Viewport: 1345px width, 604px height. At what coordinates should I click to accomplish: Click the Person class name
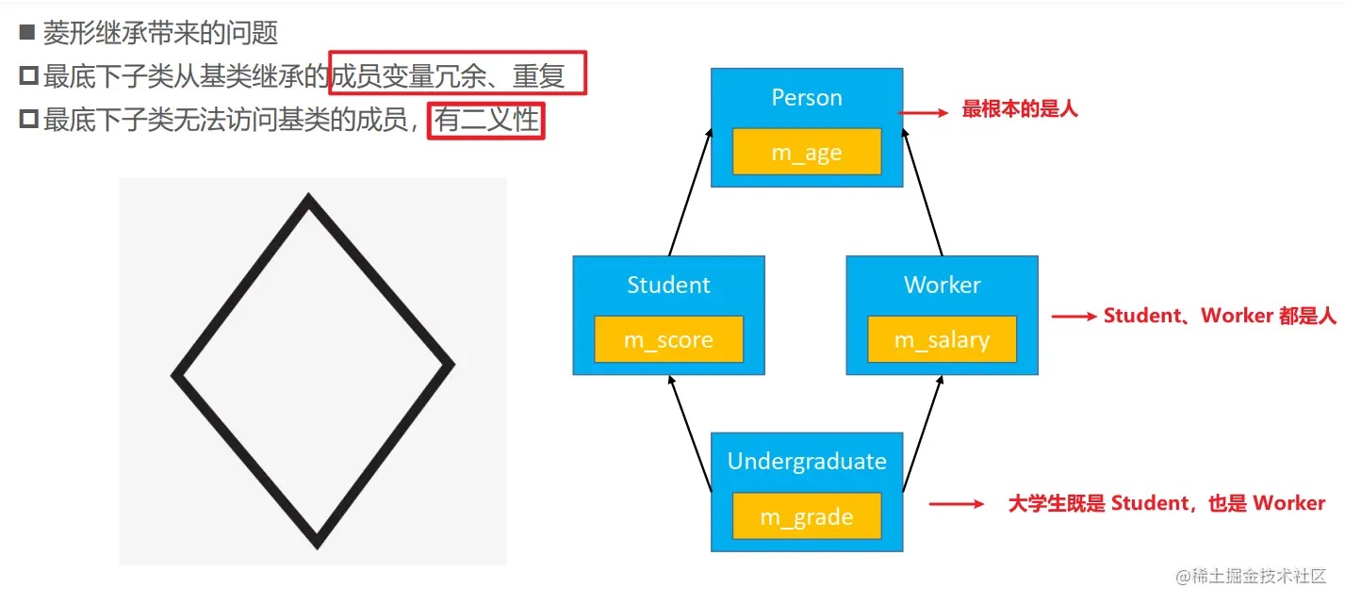click(x=807, y=98)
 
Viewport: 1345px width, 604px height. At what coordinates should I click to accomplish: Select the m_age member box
click(x=807, y=152)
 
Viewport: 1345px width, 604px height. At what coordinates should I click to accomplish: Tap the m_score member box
click(x=668, y=339)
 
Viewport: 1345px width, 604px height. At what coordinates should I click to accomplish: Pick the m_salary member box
click(x=942, y=339)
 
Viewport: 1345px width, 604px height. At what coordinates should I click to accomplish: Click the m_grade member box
click(x=807, y=516)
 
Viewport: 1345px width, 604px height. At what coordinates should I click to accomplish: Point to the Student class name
click(x=668, y=285)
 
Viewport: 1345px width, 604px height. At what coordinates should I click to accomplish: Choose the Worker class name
click(x=942, y=285)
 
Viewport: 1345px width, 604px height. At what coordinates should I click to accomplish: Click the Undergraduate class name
click(x=807, y=462)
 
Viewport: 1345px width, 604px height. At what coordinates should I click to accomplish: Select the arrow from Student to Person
click(x=689, y=194)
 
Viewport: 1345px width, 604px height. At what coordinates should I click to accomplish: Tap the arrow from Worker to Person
click(x=924, y=194)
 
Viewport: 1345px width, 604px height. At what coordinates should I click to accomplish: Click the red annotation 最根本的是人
click(x=1019, y=110)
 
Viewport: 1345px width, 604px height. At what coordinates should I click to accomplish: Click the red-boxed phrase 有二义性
click(x=486, y=121)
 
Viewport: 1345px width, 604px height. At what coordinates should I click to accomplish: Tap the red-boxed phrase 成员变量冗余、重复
click(x=458, y=74)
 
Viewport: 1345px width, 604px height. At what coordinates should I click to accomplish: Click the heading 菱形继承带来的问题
click(x=160, y=34)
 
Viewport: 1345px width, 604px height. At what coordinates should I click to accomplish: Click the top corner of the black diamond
click(x=308, y=200)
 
